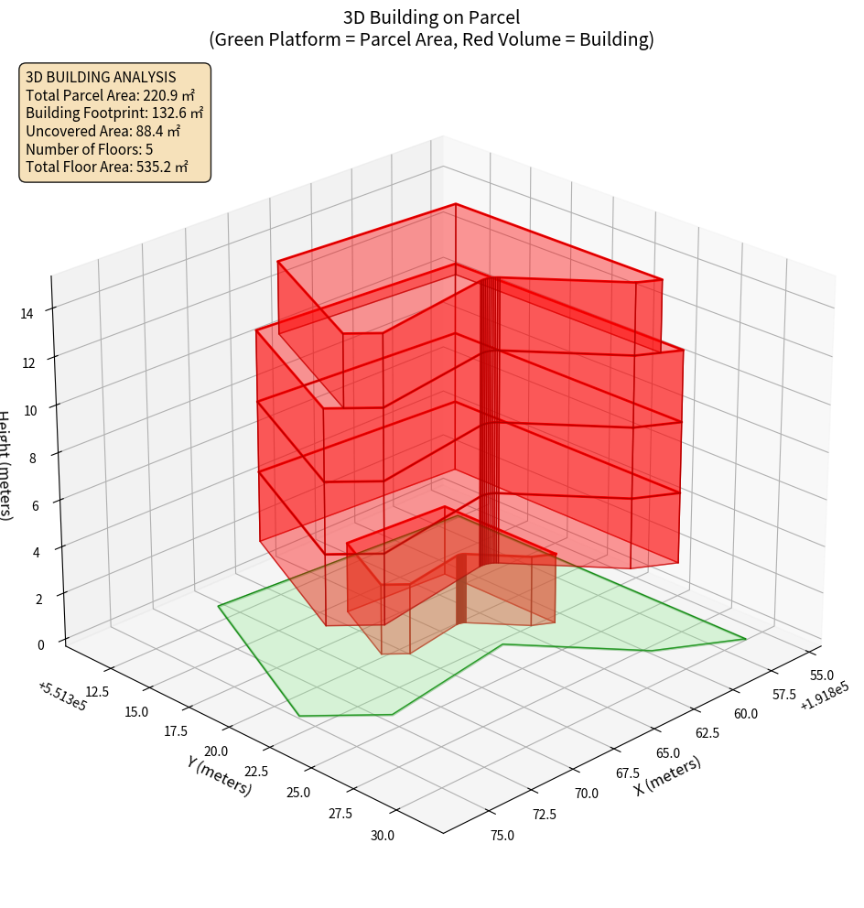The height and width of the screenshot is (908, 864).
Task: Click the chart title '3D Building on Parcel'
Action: [x=431, y=17]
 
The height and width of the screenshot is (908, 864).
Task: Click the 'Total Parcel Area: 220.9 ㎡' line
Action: [x=111, y=95]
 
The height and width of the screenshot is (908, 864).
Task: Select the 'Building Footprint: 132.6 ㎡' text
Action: [x=114, y=113]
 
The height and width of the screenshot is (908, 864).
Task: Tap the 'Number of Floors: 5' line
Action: [x=90, y=149]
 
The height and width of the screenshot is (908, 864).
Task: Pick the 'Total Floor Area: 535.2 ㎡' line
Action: [x=107, y=168]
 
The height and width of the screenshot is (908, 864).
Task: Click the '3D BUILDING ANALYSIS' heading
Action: [x=101, y=78]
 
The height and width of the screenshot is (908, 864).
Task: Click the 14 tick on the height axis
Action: [x=27, y=313]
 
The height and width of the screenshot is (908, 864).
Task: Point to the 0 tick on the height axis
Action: [x=39, y=644]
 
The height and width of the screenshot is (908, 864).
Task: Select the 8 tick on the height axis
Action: [x=32, y=457]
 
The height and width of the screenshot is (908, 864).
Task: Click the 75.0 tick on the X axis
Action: [x=502, y=835]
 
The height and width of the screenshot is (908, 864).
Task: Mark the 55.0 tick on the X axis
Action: [x=823, y=676]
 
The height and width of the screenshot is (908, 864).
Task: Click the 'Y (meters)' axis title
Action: [x=219, y=775]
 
